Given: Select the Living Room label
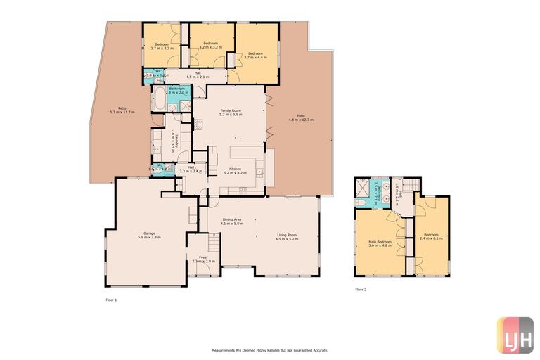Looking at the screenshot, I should pyautogui.click(x=286, y=236).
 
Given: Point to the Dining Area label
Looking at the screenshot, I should pyautogui.click(x=233, y=221).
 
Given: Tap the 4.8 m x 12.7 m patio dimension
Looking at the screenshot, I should pyautogui.click(x=300, y=117).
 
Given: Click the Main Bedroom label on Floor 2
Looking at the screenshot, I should pyautogui.click(x=380, y=243).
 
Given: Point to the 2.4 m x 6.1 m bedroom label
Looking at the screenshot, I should pyautogui.click(x=431, y=236).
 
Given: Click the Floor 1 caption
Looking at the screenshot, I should pyautogui.click(x=111, y=300).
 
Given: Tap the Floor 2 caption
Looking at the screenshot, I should pyautogui.click(x=361, y=290).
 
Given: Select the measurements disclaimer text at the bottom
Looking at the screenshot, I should pyautogui.click(x=270, y=349).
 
